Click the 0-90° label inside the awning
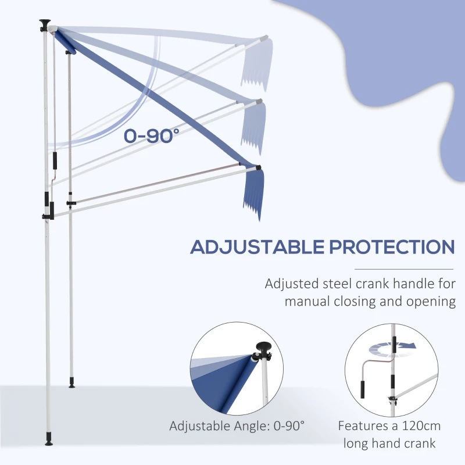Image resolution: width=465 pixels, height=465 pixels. tap(151, 135)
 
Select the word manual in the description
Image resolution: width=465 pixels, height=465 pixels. tap(307, 301)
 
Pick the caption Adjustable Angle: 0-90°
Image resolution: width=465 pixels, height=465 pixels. tap(237, 425)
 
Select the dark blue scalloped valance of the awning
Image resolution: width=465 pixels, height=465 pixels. tap(251, 195)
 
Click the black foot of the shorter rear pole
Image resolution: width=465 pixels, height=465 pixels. tap(71, 384)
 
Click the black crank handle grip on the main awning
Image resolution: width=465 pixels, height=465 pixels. tap(56, 161)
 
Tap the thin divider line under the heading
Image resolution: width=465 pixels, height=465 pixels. tap(403, 269)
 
